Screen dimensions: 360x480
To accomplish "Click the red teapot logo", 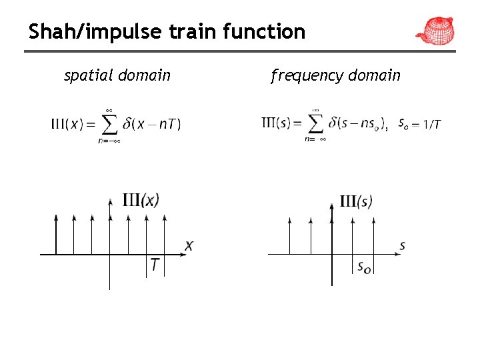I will [x=435, y=30].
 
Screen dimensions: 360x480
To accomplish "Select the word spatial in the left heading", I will [x=89, y=75].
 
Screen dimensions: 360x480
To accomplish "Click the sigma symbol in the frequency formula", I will [x=315, y=123].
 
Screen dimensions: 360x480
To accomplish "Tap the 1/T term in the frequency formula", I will [x=432, y=124].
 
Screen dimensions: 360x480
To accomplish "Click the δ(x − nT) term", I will [x=152, y=124].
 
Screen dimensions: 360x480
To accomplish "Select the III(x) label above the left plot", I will [x=141, y=200].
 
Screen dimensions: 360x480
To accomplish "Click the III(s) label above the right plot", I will [x=356, y=201].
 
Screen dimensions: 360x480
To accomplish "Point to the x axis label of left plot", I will [x=189, y=247].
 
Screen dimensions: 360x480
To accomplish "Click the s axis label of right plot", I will [x=402, y=246].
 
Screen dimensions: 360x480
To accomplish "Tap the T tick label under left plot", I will [x=155, y=265].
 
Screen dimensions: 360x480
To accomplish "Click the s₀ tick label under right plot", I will [x=364, y=267].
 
